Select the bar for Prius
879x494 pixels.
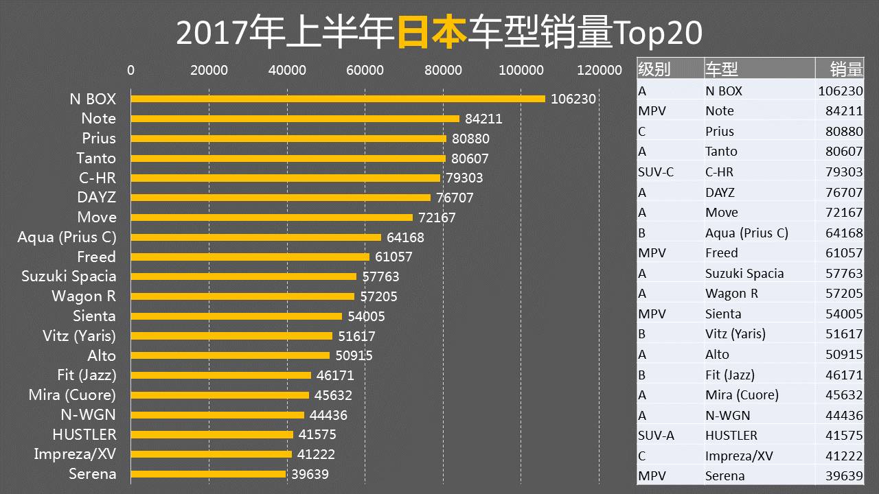tap(288, 139)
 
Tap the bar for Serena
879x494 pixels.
tap(208, 474)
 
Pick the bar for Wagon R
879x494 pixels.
tap(242, 296)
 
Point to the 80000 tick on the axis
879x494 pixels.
tap(443, 70)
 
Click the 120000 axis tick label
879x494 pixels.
tap(600, 70)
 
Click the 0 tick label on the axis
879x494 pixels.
tap(130, 70)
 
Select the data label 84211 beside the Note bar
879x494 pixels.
tap(483, 119)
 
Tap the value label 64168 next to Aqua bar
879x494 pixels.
tap(405, 237)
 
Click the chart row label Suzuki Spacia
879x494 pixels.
tap(69, 277)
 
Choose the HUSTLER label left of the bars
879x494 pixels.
tap(84, 434)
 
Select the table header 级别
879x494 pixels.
tap(654, 69)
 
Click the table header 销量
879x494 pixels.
tap(846, 69)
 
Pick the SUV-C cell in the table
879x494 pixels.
tap(656, 172)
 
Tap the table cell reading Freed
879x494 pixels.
tap(721, 253)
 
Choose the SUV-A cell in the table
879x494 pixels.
tap(656, 436)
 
